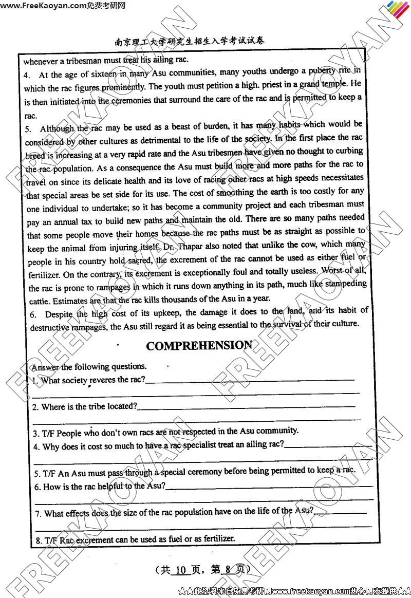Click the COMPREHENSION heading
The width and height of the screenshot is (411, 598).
[199, 345]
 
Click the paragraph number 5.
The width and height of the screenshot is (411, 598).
[28, 128]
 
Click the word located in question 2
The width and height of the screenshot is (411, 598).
[121, 406]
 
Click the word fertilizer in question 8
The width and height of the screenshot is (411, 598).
[217, 538]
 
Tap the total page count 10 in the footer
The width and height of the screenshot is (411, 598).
[180, 570]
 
